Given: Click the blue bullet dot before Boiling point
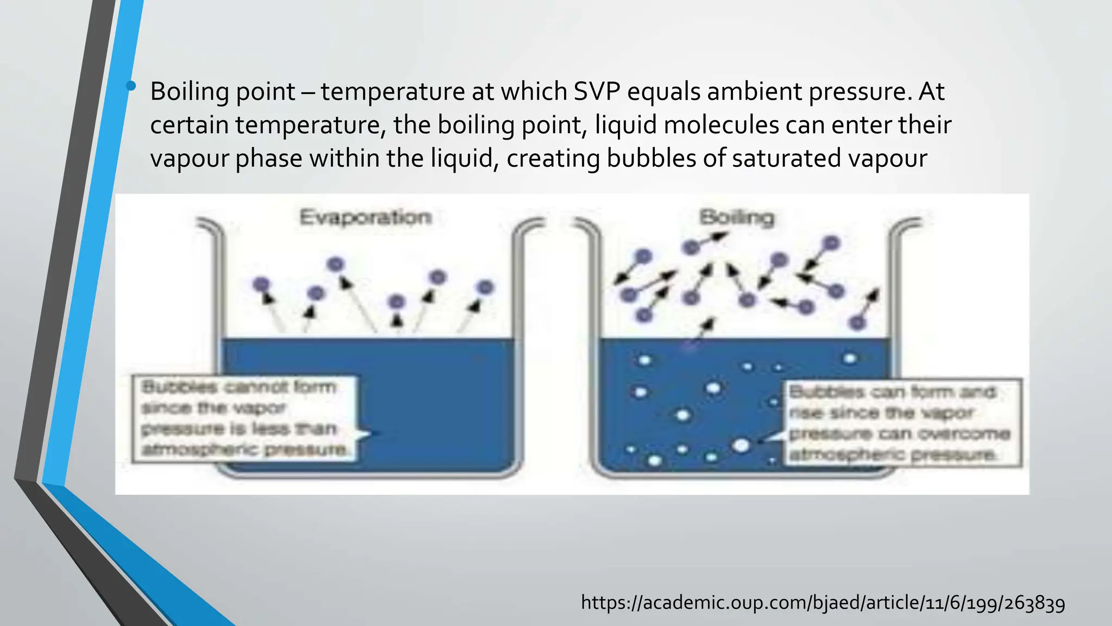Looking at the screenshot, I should pyautogui.click(x=131, y=85).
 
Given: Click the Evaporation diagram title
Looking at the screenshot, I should pyautogui.click(x=365, y=217).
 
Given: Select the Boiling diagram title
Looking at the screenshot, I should pyautogui.click(x=736, y=217).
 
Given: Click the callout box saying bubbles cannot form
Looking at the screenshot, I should pyautogui.click(x=244, y=418).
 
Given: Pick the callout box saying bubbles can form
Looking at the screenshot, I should pyautogui.click(x=902, y=423).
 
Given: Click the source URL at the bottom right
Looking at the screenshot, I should pyautogui.click(x=823, y=603).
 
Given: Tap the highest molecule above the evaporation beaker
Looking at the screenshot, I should pyautogui.click(x=336, y=264).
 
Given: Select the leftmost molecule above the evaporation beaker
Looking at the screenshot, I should pyautogui.click(x=261, y=284).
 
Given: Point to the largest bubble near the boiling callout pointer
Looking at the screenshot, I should pyautogui.click(x=741, y=446).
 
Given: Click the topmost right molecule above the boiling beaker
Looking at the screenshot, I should pyautogui.click(x=831, y=243).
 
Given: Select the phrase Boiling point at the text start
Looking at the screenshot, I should pyautogui.click(x=223, y=91).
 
